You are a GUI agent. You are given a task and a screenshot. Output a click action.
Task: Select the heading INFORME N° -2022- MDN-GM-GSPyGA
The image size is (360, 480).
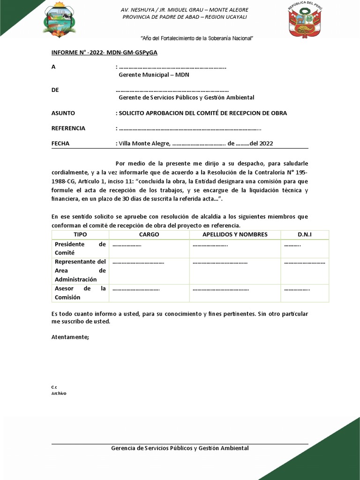click(104, 52)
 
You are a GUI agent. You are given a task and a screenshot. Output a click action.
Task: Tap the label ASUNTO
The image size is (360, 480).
click(63, 113)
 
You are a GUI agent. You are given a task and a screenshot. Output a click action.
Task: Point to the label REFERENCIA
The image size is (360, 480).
click(68, 128)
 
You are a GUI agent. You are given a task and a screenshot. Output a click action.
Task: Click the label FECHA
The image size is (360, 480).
click(60, 143)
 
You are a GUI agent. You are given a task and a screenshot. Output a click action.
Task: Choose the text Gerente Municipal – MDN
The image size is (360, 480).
click(154, 75)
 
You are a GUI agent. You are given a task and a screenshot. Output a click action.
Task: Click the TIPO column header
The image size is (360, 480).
click(80, 234)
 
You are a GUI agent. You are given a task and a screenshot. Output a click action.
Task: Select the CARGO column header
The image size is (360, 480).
click(149, 234)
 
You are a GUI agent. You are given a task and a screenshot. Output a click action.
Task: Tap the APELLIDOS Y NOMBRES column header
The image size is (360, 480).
click(235, 234)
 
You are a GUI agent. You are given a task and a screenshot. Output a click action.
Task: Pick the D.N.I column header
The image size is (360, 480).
click(305, 234)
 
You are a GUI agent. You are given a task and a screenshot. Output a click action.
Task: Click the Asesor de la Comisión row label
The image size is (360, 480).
click(80, 293)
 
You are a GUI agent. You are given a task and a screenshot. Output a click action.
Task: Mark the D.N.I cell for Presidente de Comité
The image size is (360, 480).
click(305, 248)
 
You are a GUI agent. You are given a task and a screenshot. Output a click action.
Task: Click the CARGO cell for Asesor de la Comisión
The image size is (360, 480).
click(149, 293)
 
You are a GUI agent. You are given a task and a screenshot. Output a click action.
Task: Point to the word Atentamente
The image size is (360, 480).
click(70, 337)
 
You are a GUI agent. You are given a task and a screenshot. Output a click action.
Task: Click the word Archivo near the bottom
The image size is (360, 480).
click(59, 393)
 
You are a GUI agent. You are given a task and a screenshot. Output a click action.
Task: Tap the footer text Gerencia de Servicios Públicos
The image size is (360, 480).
click(180, 448)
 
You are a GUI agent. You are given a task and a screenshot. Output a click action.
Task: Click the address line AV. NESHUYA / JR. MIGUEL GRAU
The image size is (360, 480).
click(184, 10)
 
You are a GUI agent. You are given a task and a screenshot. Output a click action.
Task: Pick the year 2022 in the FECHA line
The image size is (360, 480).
click(265, 143)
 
